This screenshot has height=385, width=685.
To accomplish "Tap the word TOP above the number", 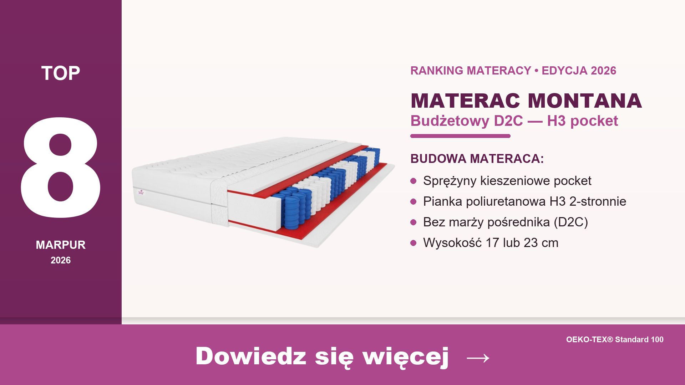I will point(61,73).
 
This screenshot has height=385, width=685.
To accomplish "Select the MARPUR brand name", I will point(61,245).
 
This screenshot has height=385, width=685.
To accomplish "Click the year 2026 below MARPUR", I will point(61,260).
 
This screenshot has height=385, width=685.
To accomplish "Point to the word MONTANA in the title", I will point(585,101).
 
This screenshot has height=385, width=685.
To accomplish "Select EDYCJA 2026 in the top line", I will point(579,71).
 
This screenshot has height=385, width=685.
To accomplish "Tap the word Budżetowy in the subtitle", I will point(450,121).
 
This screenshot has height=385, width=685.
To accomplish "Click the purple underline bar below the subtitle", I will point(460,136).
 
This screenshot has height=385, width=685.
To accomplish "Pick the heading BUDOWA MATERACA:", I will point(477,159).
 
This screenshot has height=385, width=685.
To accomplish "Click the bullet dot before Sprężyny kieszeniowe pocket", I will point(413,181).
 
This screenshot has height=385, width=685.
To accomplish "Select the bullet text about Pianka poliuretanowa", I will point(524,201).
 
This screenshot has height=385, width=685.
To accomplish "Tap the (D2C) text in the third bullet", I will point(571,222).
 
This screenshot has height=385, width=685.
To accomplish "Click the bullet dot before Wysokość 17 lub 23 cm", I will point(413,243).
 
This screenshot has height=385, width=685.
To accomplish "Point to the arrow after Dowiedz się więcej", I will point(478,357).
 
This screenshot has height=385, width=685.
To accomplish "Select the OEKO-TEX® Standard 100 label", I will point(615,339).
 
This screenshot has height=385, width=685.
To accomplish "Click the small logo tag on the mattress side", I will point(141,192).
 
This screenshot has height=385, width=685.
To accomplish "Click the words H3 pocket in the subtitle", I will point(582,121).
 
